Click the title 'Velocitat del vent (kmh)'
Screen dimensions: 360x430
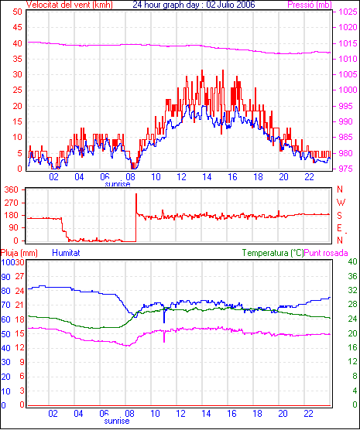[x=69, y=5]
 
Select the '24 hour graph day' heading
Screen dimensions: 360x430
[x=168, y=5]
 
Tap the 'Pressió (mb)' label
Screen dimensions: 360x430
[x=310, y=5]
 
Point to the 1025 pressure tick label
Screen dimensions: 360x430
[x=348, y=12]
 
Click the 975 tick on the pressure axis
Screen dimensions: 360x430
[x=348, y=169]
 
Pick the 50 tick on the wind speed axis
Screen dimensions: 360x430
[x=17, y=12]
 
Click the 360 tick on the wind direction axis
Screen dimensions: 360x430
[x=12, y=189]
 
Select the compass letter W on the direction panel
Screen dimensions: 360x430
[x=341, y=203]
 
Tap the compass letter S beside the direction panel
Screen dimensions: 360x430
[x=340, y=216]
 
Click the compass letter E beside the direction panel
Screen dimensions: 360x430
[x=339, y=228]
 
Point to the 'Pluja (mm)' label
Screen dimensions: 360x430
[x=19, y=253]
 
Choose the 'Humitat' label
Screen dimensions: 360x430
[x=66, y=253]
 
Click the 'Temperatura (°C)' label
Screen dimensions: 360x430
[x=273, y=253]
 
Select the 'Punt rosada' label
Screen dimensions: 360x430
[x=326, y=253]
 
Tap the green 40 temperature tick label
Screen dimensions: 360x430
[x=352, y=261]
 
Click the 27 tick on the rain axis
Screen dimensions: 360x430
[x=19, y=276]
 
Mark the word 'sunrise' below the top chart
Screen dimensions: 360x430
[x=118, y=184]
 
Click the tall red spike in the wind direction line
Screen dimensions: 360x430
[x=136, y=203]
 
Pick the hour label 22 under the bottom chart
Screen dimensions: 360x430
[x=308, y=413]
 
